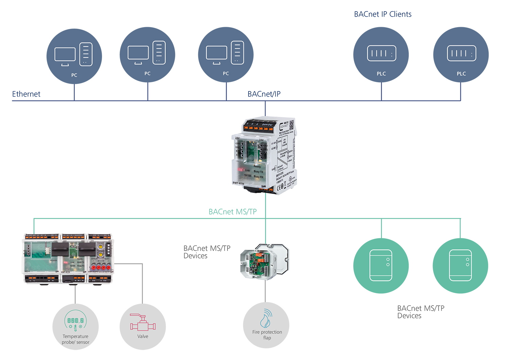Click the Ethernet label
(x=26, y=94)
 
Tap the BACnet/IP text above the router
(x=264, y=94)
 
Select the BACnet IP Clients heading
(x=382, y=14)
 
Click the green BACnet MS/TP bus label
(x=233, y=212)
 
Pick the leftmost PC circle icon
(x=74, y=56)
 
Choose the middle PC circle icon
(x=147, y=55)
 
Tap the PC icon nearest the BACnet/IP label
(x=226, y=55)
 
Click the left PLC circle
(x=381, y=55)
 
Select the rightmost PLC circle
(x=461, y=55)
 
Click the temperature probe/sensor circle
(x=75, y=327)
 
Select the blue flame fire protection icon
(x=266, y=319)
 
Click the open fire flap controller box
(x=265, y=261)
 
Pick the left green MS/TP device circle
(x=381, y=265)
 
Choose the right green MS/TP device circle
(x=460, y=265)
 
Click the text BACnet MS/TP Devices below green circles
(x=421, y=312)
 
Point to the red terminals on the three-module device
(x=101, y=268)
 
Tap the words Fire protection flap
(x=267, y=335)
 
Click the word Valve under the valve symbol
(x=143, y=336)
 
